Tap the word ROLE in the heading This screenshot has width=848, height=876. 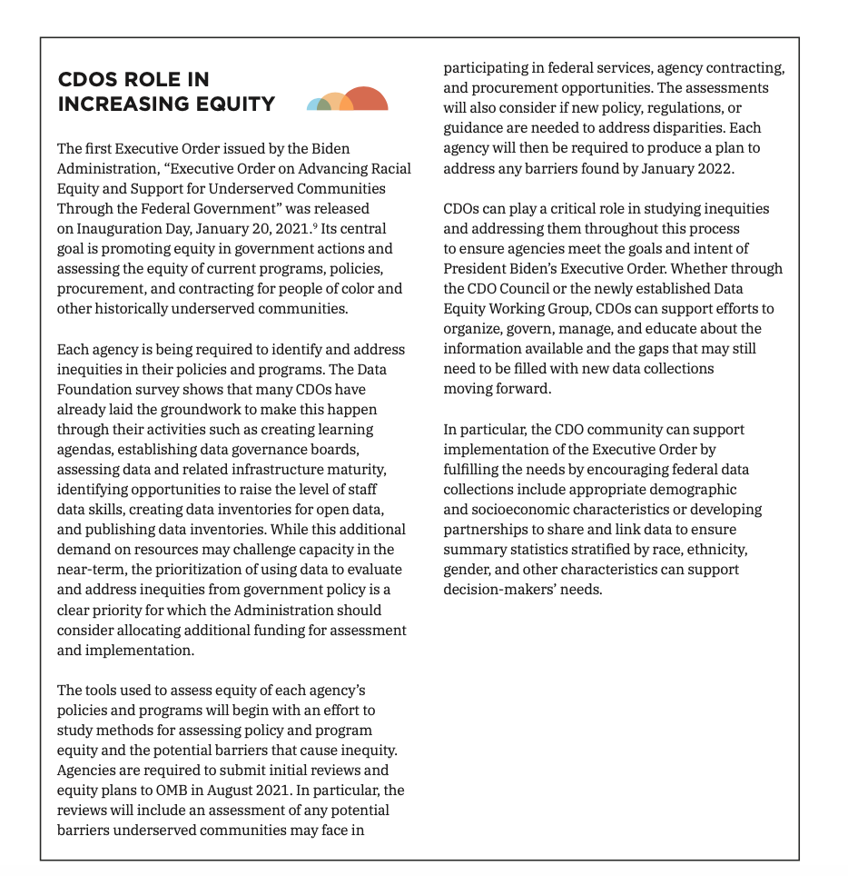(x=151, y=80)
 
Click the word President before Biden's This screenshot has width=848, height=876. (x=474, y=268)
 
